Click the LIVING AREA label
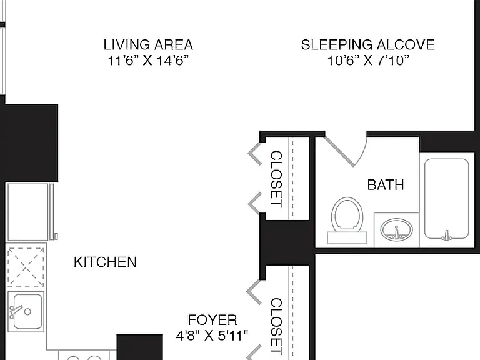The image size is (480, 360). (148, 45)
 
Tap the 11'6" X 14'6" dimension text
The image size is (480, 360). (148, 60)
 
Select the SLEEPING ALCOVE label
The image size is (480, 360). (367, 45)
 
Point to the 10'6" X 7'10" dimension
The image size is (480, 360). (368, 60)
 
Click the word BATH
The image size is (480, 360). (386, 185)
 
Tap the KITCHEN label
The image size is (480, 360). (105, 262)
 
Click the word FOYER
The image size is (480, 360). (212, 320)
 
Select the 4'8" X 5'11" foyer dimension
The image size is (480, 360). (212, 336)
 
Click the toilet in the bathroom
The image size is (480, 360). (347, 221)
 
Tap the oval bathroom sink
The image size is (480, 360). (396, 229)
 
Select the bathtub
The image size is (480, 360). (447, 199)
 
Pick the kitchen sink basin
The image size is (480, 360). (28, 311)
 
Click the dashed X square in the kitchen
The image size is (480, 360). (26, 267)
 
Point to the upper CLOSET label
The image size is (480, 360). (276, 179)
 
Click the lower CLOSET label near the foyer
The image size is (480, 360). (276, 326)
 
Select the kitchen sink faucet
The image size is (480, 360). (16, 311)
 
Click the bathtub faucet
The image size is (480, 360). (447, 235)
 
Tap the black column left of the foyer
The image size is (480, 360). (139, 347)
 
